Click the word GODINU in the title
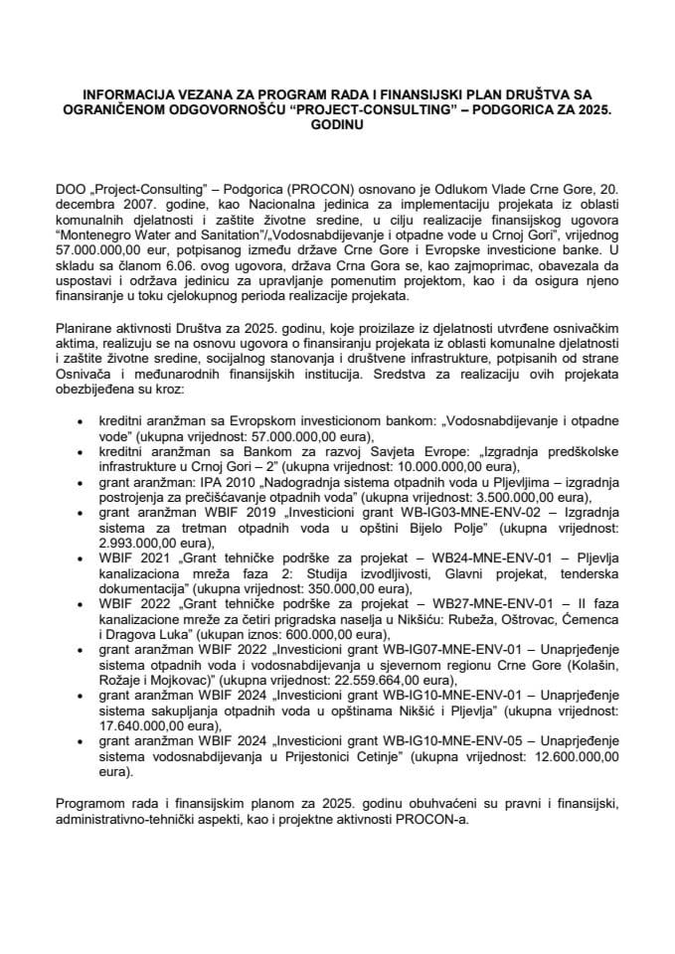coord(337,127)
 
